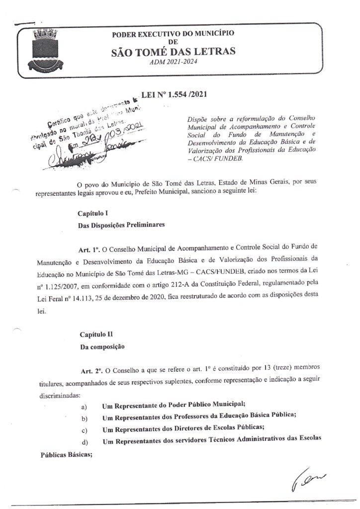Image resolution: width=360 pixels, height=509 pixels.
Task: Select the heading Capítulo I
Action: pyautogui.click(x=93, y=213)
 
